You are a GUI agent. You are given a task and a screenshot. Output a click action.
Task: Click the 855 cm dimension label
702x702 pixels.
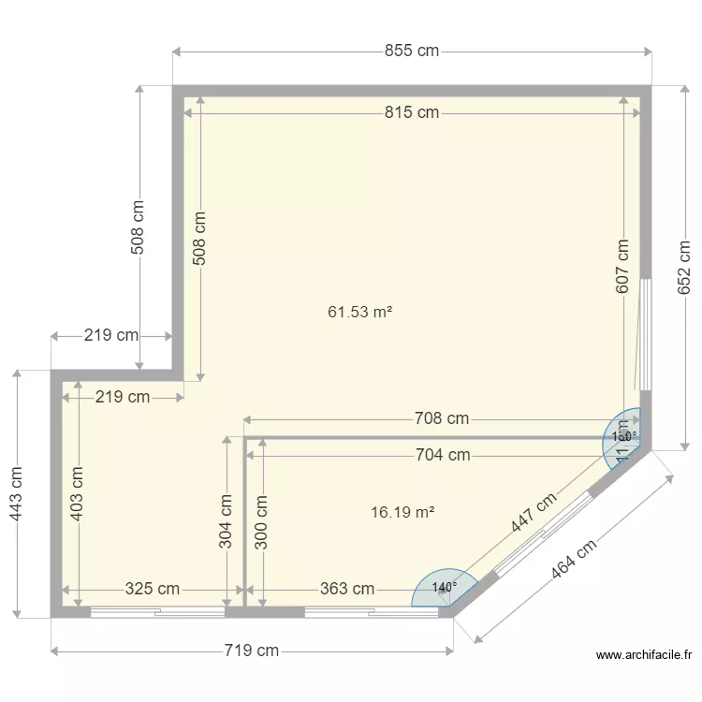(x=411, y=51)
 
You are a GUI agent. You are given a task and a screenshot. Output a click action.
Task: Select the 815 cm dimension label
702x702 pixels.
(x=411, y=112)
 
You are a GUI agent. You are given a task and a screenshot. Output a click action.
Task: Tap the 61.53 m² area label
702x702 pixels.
(x=359, y=312)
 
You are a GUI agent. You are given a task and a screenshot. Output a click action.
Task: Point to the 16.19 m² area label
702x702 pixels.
(x=402, y=512)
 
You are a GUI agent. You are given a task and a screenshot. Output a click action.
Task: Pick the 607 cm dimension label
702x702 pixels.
(x=622, y=267)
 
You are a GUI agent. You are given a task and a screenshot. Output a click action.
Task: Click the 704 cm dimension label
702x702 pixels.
(x=443, y=455)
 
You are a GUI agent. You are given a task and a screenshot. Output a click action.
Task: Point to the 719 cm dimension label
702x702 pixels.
(x=251, y=651)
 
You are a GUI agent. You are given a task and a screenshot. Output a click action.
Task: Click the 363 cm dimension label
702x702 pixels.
(x=347, y=589)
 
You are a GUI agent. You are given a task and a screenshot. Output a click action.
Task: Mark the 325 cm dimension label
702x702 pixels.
(x=153, y=589)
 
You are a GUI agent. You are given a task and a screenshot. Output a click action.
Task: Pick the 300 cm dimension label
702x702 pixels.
(x=261, y=521)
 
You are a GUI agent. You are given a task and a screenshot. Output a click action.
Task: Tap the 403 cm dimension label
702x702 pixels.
(x=78, y=493)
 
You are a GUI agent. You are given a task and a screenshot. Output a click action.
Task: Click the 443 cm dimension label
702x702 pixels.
(x=17, y=493)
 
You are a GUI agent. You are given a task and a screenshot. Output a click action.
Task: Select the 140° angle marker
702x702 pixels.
(x=445, y=587)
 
